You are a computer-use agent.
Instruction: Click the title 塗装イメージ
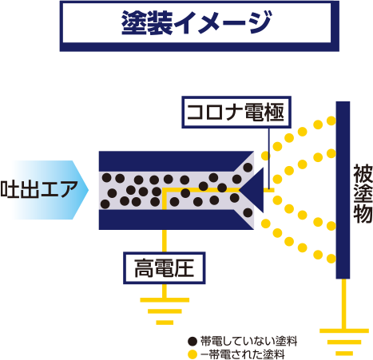pyautogui.click(x=196, y=22)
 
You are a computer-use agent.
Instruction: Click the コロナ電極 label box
pyautogui.click(x=236, y=113)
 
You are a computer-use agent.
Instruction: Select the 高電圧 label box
pyautogui.click(x=165, y=268)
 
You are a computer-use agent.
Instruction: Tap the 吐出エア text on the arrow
pyautogui.click(x=39, y=189)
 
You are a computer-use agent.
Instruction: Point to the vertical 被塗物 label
pyautogui.click(x=363, y=194)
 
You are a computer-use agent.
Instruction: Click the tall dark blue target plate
pyautogui.click(x=343, y=190)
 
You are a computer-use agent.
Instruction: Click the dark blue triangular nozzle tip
pyautogui.click(x=252, y=190)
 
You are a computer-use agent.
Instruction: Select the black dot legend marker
pyautogui.click(x=192, y=341)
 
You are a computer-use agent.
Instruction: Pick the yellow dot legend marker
pyautogui.click(x=192, y=354)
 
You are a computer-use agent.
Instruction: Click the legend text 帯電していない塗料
pyautogui.click(x=248, y=341)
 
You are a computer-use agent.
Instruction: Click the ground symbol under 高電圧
pyautogui.click(x=165, y=311)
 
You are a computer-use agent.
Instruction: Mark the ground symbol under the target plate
pyautogui.click(x=344, y=342)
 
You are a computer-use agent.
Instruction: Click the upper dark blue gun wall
pyautogui.click(x=176, y=161)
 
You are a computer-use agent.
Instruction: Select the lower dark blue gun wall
pyautogui.click(x=176, y=220)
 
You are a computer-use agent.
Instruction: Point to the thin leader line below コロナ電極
pyautogui.click(x=269, y=158)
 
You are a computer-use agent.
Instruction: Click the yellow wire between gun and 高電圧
pyautogui.click(x=165, y=241)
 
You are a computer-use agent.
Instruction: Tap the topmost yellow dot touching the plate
pyautogui.click(x=331, y=121)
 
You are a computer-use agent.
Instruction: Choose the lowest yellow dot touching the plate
pyautogui.click(x=331, y=259)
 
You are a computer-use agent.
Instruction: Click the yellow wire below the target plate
pyautogui.click(x=344, y=303)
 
